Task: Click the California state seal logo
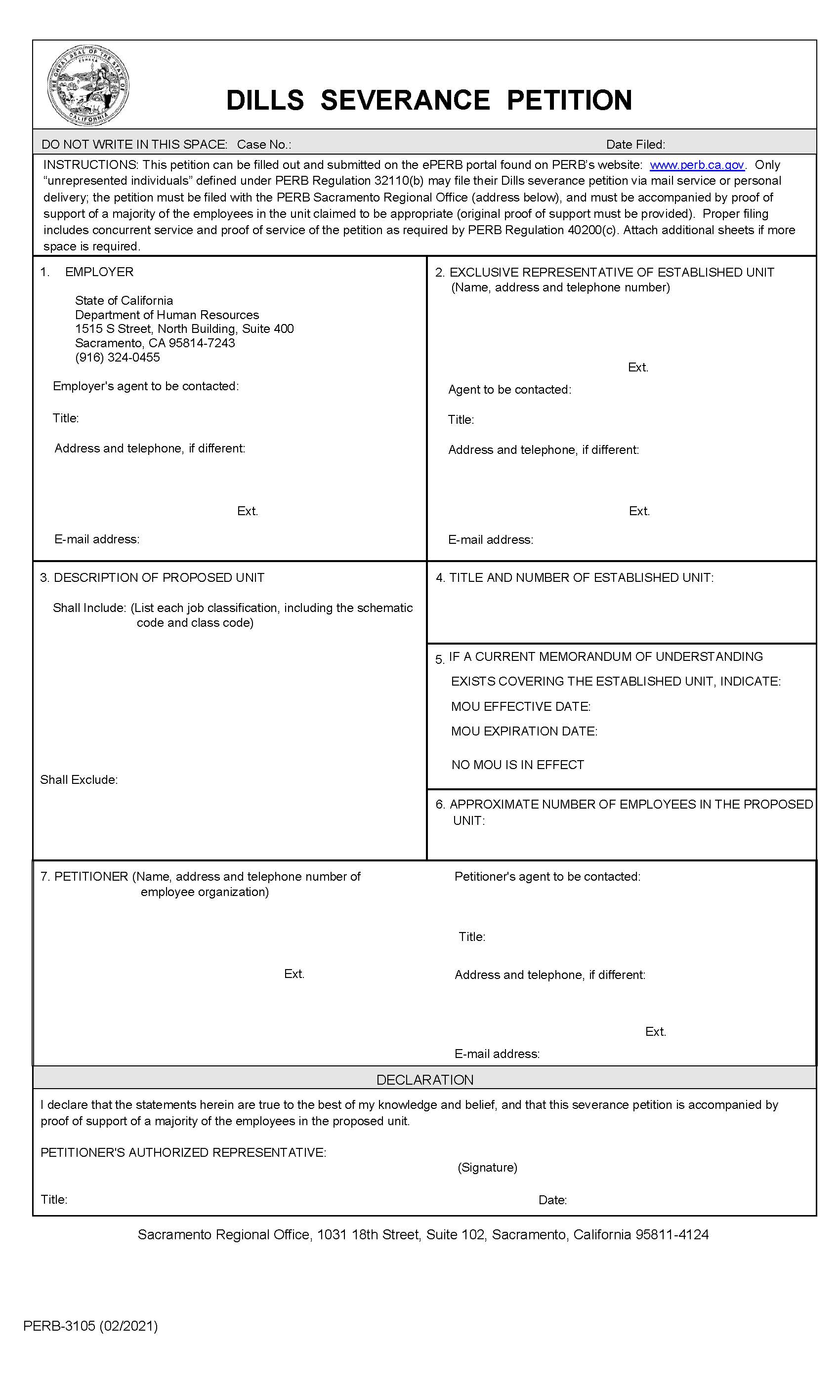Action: (88, 86)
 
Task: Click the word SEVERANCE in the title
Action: (405, 100)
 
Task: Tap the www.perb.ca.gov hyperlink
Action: (696, 165)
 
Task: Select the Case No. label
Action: (264, 145)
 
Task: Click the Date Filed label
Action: (635, 145)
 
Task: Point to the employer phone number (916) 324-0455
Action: (118, 358)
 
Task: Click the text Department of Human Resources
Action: (167, 315)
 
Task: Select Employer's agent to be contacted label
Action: (145, 386)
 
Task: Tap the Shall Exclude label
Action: (79, 779)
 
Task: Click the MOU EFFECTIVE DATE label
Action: (520, 707)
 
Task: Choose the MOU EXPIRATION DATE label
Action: (524, 732)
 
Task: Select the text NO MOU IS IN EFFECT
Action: (517, 765)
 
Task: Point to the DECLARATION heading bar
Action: (424, 1080)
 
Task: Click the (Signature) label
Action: (487, 1168)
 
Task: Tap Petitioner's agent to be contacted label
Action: (547, 877)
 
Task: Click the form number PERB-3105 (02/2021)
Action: (90, 1326)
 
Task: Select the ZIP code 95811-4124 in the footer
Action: (672, 1235)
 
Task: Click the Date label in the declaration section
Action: (552, 1200)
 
